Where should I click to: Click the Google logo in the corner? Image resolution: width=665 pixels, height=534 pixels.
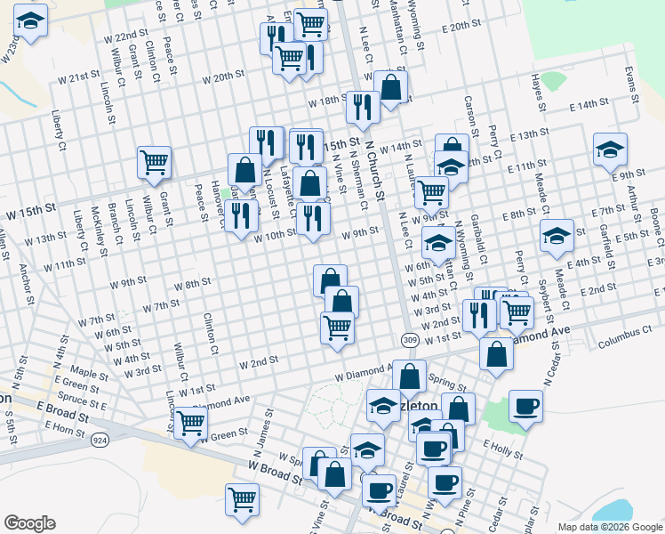click(x=29, y=523)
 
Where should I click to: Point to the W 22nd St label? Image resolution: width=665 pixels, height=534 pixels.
click(x=125, y=37)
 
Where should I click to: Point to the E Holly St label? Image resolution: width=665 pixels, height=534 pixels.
click(x=503, y=448)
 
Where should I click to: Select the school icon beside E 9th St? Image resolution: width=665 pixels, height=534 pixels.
click(x=610, y=149)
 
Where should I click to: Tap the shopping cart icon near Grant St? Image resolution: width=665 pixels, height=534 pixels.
click(x=155, y=162)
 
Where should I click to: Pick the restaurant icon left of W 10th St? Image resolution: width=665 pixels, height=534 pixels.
click(x=239, y=215)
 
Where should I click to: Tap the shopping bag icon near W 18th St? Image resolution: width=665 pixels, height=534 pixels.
click(x=391, y=86)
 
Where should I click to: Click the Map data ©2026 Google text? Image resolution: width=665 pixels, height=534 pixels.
click(x=610, y=527)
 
